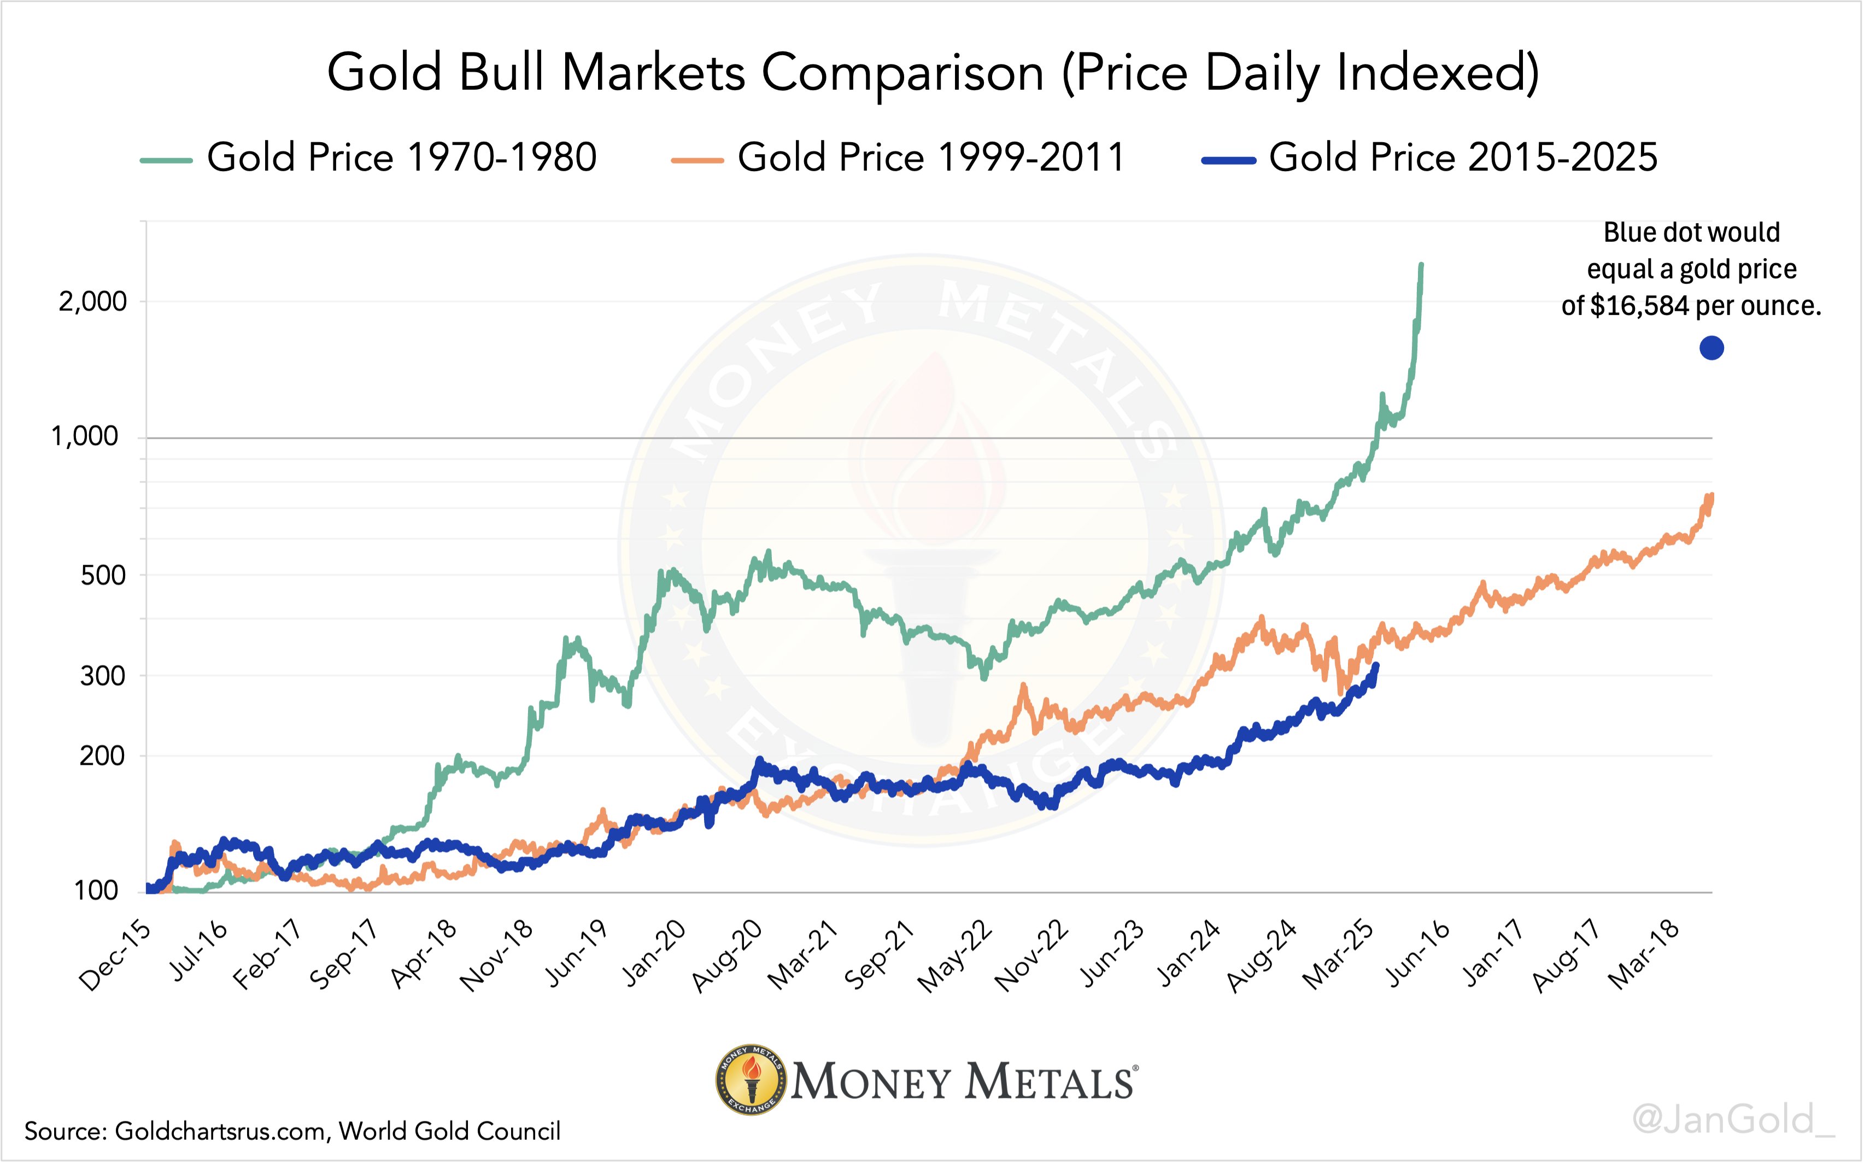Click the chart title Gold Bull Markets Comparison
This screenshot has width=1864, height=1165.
coord(932,73)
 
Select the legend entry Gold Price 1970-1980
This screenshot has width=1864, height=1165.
coord(401,158)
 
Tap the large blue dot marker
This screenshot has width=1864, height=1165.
coord(1711,348)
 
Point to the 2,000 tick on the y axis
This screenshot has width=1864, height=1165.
coord(92,301)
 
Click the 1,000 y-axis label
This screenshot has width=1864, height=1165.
coord(85,437)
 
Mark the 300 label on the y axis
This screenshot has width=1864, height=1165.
coord(102,676)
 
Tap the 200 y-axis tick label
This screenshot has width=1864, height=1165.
coord(102,756)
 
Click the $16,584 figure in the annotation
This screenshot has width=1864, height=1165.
coord(1640,307)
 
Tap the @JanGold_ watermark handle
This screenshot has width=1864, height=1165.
coord(1733,1120)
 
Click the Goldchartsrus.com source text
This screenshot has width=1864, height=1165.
coord(224,1131)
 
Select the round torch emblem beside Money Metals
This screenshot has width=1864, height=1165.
coord(751,1080)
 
